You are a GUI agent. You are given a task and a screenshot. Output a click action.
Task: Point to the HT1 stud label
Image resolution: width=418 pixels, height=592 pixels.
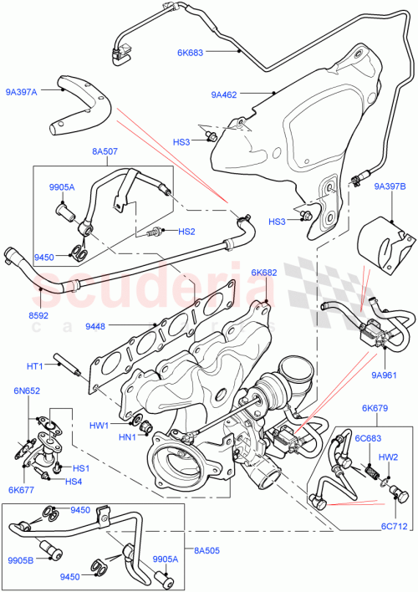[34, 365]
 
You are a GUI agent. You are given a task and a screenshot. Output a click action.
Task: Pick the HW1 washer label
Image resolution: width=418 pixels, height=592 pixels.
[100, 425]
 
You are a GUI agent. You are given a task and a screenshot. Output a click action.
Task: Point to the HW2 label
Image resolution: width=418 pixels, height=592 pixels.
[389, 457]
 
